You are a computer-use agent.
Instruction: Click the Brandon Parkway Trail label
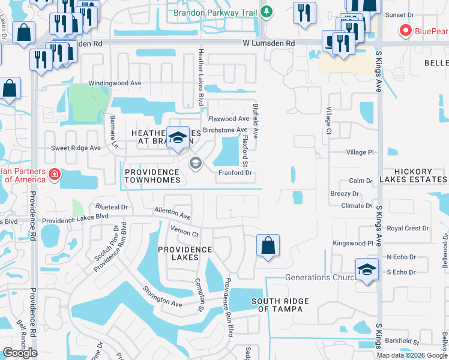214,12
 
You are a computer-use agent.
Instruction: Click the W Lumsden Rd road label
269,43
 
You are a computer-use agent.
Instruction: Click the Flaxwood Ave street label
229,119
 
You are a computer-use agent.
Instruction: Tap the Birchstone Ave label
225,130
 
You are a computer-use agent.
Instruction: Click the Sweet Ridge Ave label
76,148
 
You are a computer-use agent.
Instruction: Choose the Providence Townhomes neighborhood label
152,176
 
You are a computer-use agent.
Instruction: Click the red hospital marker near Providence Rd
55,175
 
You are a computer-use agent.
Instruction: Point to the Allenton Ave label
172,213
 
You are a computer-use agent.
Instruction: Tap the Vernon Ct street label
184,231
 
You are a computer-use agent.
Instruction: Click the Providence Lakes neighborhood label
185,253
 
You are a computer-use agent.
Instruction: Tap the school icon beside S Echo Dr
367,269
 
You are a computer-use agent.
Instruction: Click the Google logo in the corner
20,353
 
